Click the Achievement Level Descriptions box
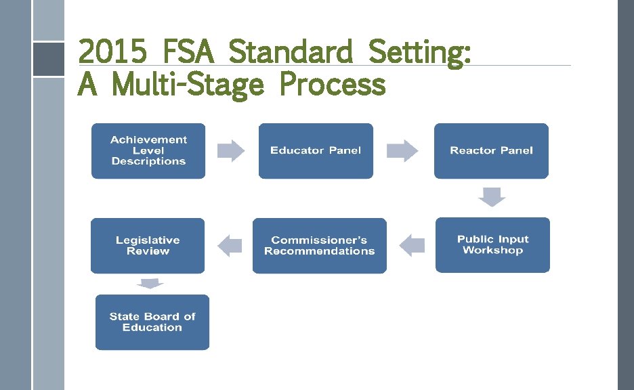148,151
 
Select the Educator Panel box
316,151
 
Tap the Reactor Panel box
491,151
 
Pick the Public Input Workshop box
492,245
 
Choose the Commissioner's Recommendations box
319,246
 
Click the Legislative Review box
148,246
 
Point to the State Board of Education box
152,322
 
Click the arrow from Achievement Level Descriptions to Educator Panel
230,151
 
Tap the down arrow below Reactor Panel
492,196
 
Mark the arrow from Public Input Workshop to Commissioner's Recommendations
412,245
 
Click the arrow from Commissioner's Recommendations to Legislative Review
230,245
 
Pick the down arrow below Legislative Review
150,283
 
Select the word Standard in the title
291,52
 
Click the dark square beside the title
48,59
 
